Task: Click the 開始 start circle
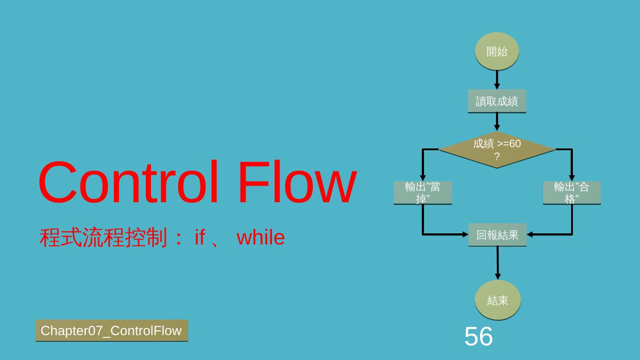point(496,52)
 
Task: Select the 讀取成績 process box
point(496,101)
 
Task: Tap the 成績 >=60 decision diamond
point(496,150)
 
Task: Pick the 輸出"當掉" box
point(422,193)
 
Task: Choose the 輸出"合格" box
point(572,193)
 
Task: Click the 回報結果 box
point(497,235)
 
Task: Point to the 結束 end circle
point(497,300)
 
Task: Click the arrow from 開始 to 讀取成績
point(497,80)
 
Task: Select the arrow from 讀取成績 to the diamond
point(497,122)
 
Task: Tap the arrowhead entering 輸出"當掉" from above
point(423,178)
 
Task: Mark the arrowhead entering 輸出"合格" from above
point(572,178)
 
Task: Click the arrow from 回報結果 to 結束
point(498,263)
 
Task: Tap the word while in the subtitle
point(260,237)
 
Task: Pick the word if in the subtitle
point(200,237)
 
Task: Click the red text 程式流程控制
point(104,237)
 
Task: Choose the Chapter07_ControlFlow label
point(112,331)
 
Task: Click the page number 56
point(479,336)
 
